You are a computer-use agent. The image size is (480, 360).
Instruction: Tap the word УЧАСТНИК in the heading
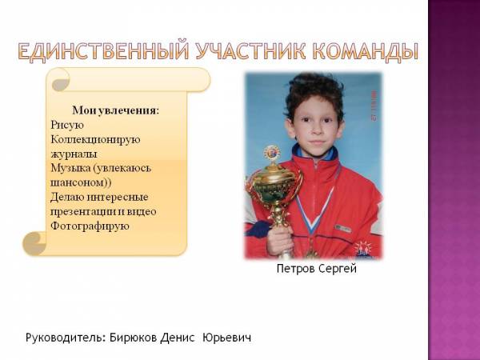250,51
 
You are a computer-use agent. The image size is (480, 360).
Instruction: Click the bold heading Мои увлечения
116,110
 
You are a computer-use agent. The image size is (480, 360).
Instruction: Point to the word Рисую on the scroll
67,125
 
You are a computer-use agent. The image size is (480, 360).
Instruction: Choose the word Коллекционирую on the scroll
95,139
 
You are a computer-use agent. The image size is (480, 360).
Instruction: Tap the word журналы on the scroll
74,154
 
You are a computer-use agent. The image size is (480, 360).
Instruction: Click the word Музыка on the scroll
70,168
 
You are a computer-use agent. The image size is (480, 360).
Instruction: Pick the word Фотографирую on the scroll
90,226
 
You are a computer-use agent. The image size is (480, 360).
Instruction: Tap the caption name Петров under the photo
296,269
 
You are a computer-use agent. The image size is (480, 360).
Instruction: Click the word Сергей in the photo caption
338,269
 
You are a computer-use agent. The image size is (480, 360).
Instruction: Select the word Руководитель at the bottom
66,338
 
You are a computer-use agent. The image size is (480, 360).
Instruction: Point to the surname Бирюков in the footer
134,338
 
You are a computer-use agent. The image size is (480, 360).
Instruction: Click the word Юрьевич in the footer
227,338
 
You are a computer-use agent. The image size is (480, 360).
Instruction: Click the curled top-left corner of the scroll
61,80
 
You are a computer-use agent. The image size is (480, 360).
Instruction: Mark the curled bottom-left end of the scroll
34,244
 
